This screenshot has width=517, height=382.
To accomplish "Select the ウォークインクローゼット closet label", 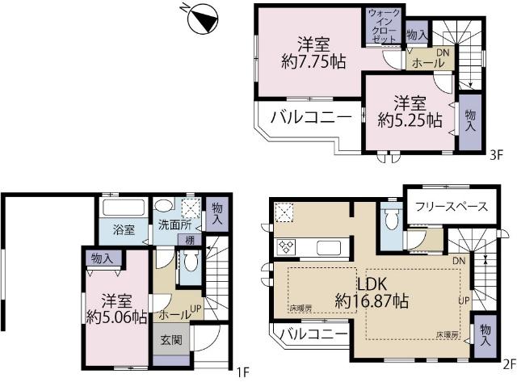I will point(382,26).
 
